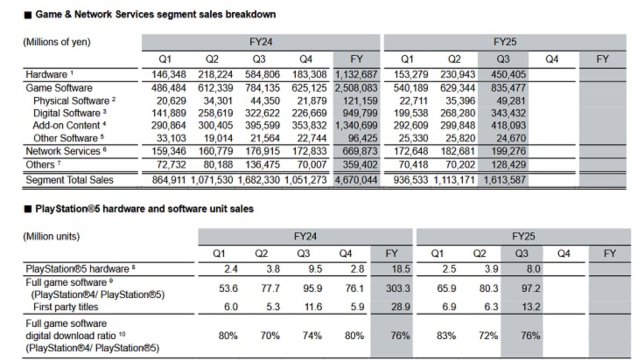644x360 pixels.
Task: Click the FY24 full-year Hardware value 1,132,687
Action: tap(356, 75)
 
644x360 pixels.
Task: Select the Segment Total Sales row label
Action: tap(70, 180)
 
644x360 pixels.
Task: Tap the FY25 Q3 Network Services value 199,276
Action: tap(508, 151)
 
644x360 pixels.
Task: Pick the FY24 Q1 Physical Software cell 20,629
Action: tap(171, 101)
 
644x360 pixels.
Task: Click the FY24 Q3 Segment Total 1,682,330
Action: tap(259, 180)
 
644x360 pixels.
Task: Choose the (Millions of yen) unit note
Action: tap(57, 42)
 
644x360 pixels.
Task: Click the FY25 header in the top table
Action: tap(505, 42)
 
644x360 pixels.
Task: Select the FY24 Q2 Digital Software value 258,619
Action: tap(215, 113)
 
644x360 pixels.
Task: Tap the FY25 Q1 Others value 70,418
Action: tap(413, 165)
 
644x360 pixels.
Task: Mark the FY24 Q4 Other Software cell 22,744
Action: tap(312, 138)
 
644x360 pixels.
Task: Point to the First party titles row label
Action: tap(66, 307)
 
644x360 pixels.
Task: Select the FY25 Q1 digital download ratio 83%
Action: tap(446, 336)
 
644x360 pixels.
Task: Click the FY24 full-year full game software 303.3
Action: tap(398, 289)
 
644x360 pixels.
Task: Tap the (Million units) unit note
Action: tap(51, 237)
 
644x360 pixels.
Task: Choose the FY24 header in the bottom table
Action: tap(305, 237)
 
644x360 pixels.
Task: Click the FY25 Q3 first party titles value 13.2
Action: tap(531, 307)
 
